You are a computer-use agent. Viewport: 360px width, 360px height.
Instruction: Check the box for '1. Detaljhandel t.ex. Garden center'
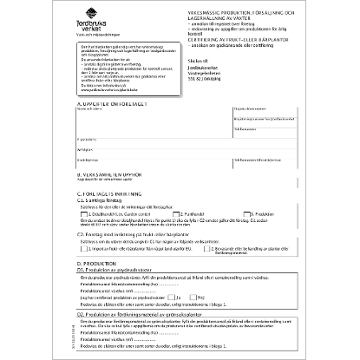[84, 213]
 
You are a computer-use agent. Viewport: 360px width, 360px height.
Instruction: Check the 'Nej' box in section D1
[194, 297]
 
